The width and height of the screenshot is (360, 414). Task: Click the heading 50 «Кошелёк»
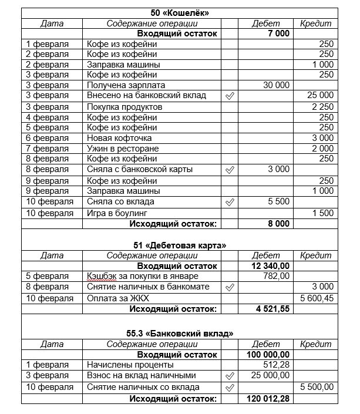[x=180, y=12]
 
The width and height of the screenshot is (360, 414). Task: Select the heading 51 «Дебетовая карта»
[x=180, y=245]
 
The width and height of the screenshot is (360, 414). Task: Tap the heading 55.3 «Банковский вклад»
[x=180, y=333]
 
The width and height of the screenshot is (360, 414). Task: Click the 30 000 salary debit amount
[x=276, y=85]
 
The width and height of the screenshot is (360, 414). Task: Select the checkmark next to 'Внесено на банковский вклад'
[x=230, y=96]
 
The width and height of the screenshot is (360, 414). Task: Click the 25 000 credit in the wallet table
[x=320, y=95]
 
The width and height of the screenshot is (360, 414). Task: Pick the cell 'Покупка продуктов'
[x=125, y=106]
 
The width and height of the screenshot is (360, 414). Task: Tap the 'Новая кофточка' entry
[x=119, y=138]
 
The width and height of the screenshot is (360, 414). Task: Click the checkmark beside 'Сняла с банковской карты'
[x=230, y=170]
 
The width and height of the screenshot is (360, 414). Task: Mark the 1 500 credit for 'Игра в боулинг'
[x=322, y=213]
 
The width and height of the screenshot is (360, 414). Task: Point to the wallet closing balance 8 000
[x=278, y=224]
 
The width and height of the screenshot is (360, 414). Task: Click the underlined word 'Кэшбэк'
[x=102, y=276]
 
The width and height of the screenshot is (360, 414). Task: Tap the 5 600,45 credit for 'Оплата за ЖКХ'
[x=317, y=298]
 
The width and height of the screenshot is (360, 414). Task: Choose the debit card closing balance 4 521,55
[x=272, y=309]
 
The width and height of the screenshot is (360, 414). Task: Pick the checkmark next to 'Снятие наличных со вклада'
[x=230, y=388]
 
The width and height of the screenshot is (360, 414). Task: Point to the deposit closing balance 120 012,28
[x=268, y=399]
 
